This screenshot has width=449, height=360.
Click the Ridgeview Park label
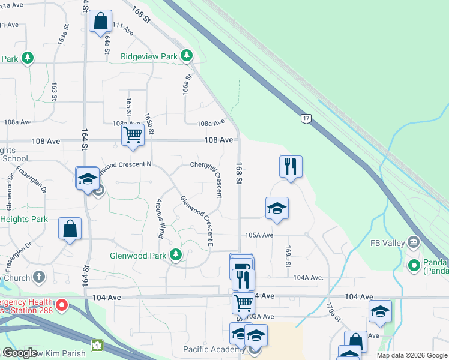click(x=149, y=56)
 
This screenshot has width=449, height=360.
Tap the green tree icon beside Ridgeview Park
click(x=187, y=56)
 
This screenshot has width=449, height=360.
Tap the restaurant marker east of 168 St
click(x=291, y=166)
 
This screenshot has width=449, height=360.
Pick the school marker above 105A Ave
click(x=277, y=208)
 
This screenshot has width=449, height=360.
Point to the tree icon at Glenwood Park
click(x=175, y=256)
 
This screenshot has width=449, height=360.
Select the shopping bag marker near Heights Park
click(x=70, y=229)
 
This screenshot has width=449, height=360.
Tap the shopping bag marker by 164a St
click(x=100, y=21)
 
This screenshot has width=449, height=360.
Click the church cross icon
click(x=39, y=277)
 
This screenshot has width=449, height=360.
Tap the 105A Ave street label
click(x=258, y=235)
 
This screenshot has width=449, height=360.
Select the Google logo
click(x=20, y=353)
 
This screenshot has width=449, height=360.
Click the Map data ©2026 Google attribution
click(x=412, y=355)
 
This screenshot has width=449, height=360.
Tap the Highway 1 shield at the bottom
click(x=97, y=345)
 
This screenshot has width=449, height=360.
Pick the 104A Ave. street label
click(x=309, y=277)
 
